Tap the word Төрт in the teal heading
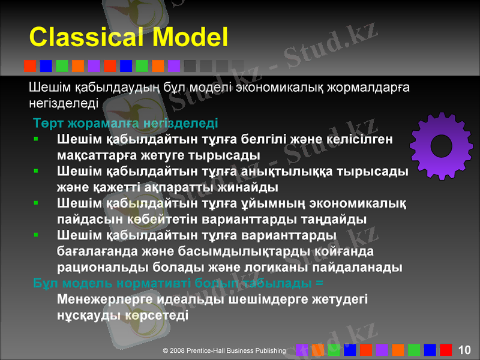coord(46,124)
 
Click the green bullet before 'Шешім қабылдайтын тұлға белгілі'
coord(37,139)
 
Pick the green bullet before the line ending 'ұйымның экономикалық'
coord(37,203)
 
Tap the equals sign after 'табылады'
coord(319,282)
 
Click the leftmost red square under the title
coord(29,65)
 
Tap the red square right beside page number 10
coord(446,349)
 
